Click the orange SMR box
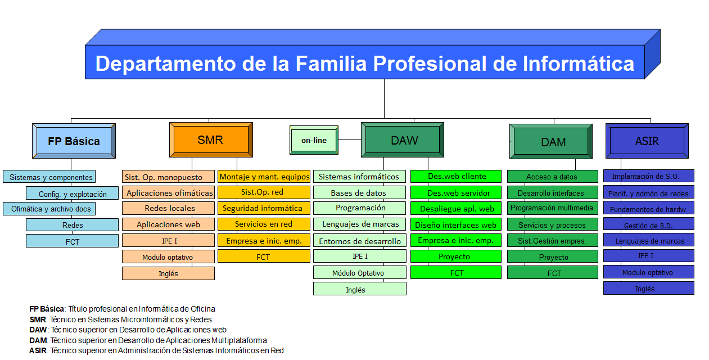point(211,139)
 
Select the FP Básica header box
point(74,141)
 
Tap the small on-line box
point(314,140)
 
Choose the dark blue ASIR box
point(647,141)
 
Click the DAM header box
point(551,142)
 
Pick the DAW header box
point(403,139)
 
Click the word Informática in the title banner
point(579,64)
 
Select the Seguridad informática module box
point(264,208)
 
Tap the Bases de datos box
point(360,192)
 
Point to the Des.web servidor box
point(456,192)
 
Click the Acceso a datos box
point(553,177)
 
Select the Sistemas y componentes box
point(49,177)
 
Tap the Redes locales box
point(168,208)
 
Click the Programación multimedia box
point(553,208)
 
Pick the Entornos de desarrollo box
point(360,240)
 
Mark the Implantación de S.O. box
point(649,175)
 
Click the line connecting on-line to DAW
point(350,139)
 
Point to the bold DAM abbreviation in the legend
point(38,340)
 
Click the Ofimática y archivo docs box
point(49,209)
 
